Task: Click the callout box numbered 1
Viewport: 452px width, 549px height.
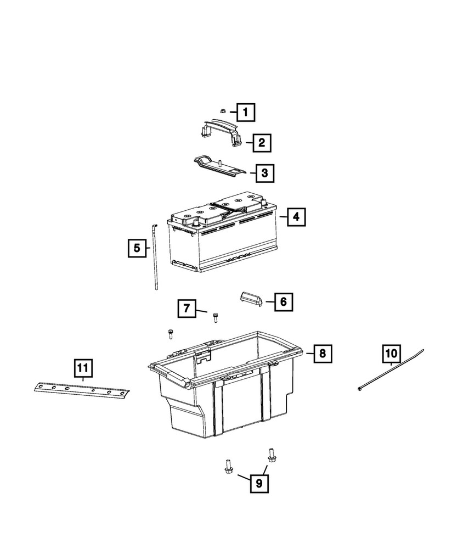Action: pos(246,113)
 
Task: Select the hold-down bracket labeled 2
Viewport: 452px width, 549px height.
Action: pos(219,132)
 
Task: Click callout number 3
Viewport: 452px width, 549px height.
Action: pos(264,174)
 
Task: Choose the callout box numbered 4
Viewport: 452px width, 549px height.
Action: pos(296,217)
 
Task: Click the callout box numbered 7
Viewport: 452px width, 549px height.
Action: pos(187,310)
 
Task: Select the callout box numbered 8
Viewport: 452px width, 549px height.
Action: pos(323,354)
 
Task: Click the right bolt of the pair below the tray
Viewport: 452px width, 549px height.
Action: pos(270,453)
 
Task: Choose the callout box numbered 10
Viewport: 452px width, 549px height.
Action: pos(392,352)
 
